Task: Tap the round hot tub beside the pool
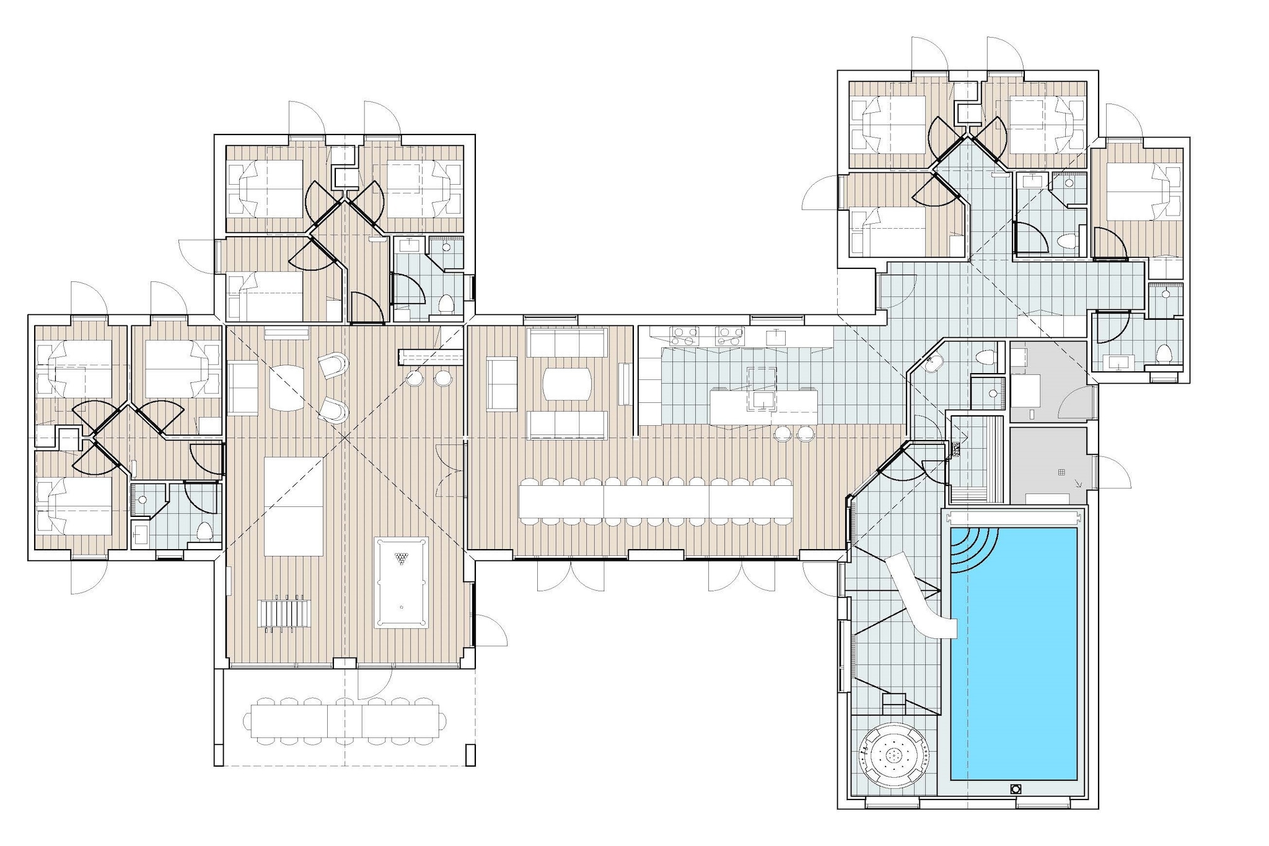pyautogui.click(x=894, y=756)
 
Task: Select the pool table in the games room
pyautogui.click(x=401, y=583)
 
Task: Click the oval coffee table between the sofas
pyautogui.click(x=567, y=385)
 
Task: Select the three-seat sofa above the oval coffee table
pyautogui.click(x=566, y=342)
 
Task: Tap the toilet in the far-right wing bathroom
pyautogui.click(x=1163, y=354)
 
